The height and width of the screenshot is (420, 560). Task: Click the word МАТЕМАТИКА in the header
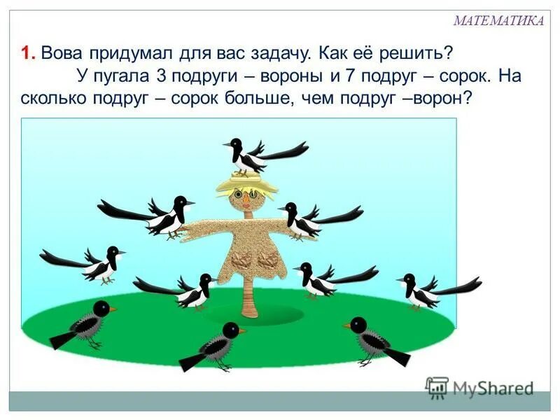[x=498, y=21]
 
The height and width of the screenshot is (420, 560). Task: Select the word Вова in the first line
[x=62, y=53]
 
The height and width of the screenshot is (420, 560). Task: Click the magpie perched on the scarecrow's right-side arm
[x=308, y=220]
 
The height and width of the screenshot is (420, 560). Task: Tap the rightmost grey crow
[x=374, y=339]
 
